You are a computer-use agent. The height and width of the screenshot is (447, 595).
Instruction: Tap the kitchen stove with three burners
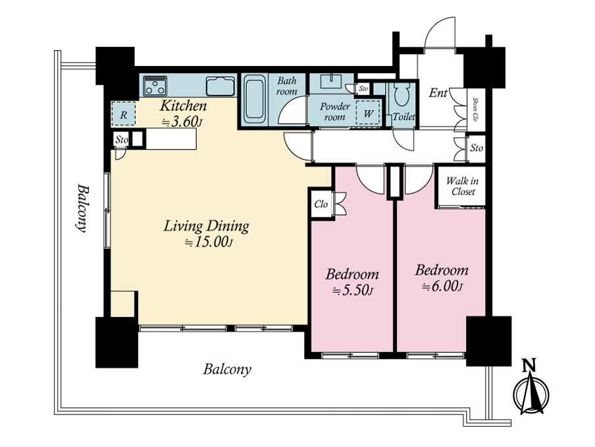(x=155, y=86)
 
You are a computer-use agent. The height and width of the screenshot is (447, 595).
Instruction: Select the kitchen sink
(x=220, y=86)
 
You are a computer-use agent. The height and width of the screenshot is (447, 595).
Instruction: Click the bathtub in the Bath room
(x=255, y=99)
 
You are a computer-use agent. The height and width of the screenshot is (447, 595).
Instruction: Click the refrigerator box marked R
(x=123, y=113)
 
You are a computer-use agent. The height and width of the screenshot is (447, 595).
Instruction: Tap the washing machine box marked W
(x=368, y=113)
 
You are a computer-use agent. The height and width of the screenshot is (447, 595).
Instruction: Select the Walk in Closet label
(x=462, y=186)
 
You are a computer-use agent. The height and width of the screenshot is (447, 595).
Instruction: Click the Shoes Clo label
(x=475, y=109)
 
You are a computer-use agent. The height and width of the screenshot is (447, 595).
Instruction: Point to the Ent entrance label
(x=438, y=92)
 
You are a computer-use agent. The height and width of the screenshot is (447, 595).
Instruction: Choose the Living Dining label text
(x=207, y=226)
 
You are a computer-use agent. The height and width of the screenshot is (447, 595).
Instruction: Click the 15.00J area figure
(x=209, y=242)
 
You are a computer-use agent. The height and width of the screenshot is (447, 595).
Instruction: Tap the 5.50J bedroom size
(x=353, y=291)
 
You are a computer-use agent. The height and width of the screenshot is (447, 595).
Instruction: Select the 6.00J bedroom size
(x=442, y=286)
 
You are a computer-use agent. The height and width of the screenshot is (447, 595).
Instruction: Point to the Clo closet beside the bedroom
(x=321, y=204)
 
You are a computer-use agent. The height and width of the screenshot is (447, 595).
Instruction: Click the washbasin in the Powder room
(x=331, y=81)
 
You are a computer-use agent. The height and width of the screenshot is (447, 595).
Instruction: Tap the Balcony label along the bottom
(x=227, y=369)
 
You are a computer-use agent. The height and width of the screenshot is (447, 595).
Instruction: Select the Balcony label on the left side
(x=82, y=208)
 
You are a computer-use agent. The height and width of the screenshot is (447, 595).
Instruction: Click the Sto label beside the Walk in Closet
(x=477, y=148)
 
